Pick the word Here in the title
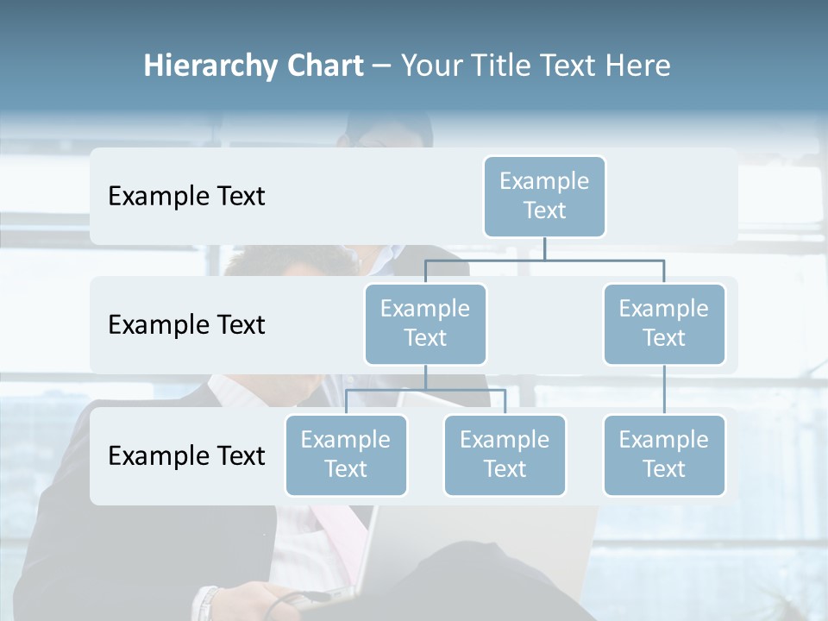pos(639,66)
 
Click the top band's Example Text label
pos(186,197)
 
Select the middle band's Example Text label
pos(186,325)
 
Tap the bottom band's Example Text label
pos(186,456)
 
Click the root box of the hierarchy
pos(544,197)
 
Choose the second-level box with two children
pos(425,324)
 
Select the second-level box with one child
pos(664,324)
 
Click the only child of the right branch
pos(664,455)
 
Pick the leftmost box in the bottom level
pos(346,455)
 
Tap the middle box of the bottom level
pos(505,455)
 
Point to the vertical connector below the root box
pos(544,248)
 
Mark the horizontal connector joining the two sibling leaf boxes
pos(425,390)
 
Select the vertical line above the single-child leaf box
pos(664,390)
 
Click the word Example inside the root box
pos(544,182)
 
